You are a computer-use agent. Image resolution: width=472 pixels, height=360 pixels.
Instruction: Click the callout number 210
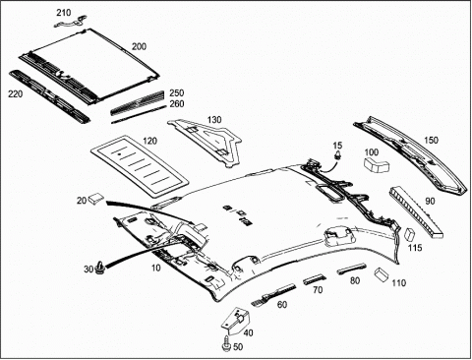pyautogui.click(x=64, y=13)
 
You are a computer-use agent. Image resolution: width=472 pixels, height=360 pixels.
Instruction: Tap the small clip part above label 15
pyautogui.click(x=337, y=155)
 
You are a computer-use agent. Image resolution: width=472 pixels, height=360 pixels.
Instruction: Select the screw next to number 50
pyautogui.click(x=227, y=345)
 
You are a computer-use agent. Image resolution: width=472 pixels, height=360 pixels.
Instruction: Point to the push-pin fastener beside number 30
pyautogui.click(x=99, y=268)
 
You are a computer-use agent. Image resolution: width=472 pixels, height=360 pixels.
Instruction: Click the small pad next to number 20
pyautogui.click(x=96, y=198)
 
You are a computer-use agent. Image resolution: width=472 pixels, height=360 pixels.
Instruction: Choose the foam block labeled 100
pyautogui.click(x=376, y=164)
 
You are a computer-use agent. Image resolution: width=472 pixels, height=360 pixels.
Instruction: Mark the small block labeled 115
pyautogui.click(x=410, y=234)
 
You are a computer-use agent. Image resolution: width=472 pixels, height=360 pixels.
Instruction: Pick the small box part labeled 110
pyautogui.click(x=382, y=274)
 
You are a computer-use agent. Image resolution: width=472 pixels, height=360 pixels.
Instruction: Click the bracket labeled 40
pyautogui.click(x=236, y=321)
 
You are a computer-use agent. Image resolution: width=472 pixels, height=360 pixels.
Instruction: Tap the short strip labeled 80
pyautogui.click(x=352, y=268)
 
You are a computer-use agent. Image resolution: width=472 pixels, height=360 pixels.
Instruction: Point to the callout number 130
pyautogui.click(x=214, y=120)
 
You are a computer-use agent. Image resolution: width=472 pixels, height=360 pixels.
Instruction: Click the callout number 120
pyautogui.click(x=149, y=142)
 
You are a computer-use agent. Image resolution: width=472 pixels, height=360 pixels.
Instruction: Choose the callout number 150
pyautogui.click(x=431, y=141)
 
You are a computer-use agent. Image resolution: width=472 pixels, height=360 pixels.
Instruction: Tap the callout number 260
pyautogui.click(x=177, y=104)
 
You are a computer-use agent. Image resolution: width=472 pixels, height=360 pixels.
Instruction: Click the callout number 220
pyautogui.click(x=16, y=94)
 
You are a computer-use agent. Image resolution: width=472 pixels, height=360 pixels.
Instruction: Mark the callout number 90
pyautogui.click(x=430, y=201)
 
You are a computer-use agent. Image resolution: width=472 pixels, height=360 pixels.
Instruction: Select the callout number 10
pyautogui.click(x=156, y=268)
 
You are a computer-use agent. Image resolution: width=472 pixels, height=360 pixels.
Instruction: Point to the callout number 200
pyautogui.click(x=139, y=46)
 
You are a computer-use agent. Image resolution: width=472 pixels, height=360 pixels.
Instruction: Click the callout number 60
pyautogui.click(x=282, y=305)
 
